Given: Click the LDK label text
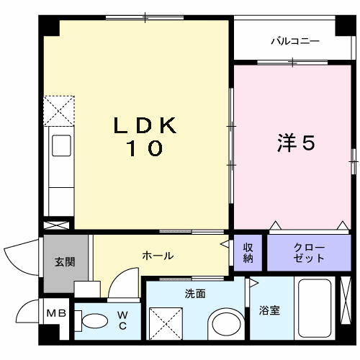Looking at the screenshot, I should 145,125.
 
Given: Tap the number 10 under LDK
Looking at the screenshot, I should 145,149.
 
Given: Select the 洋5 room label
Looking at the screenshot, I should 296,143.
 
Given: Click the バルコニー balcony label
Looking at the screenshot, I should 294,41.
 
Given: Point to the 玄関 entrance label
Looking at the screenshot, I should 65,262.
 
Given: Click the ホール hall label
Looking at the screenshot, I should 157,256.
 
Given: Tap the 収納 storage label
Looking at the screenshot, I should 248,252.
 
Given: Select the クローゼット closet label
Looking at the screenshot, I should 308,252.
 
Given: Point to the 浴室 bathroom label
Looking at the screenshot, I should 270,311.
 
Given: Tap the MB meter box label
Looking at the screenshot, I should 55,314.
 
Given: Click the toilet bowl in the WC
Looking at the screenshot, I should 92,320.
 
